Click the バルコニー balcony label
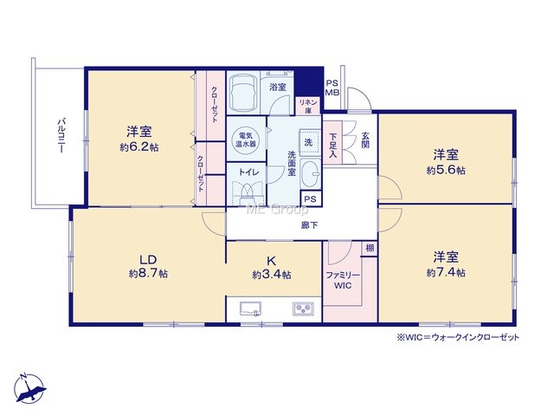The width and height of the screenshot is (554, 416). [61, 136]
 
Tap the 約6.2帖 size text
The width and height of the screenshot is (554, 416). [139, 147]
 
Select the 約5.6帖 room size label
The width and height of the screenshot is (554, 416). [446, 170]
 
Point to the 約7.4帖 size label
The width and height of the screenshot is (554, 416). [446, 272]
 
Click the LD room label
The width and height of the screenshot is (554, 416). [148, 260]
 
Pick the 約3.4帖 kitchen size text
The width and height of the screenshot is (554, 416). [272, 275]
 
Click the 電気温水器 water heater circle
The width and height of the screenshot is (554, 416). [246, 140]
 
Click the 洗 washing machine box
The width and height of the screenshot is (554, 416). [310, 142]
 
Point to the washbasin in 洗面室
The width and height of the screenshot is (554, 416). [311, 174]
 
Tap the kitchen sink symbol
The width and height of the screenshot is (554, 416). [250, 309]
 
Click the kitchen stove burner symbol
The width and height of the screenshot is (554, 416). [303, 309]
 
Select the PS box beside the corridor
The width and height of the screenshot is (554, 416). [311, 198]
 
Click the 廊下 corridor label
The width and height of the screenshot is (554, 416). [309, 225]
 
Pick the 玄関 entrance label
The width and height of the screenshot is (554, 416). [365, 140]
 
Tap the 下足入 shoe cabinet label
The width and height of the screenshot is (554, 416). [332, 145]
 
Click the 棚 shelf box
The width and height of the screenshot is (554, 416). [370, 249]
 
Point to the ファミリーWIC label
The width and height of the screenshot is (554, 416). [343, 280]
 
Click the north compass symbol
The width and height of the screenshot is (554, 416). [29, 388]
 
